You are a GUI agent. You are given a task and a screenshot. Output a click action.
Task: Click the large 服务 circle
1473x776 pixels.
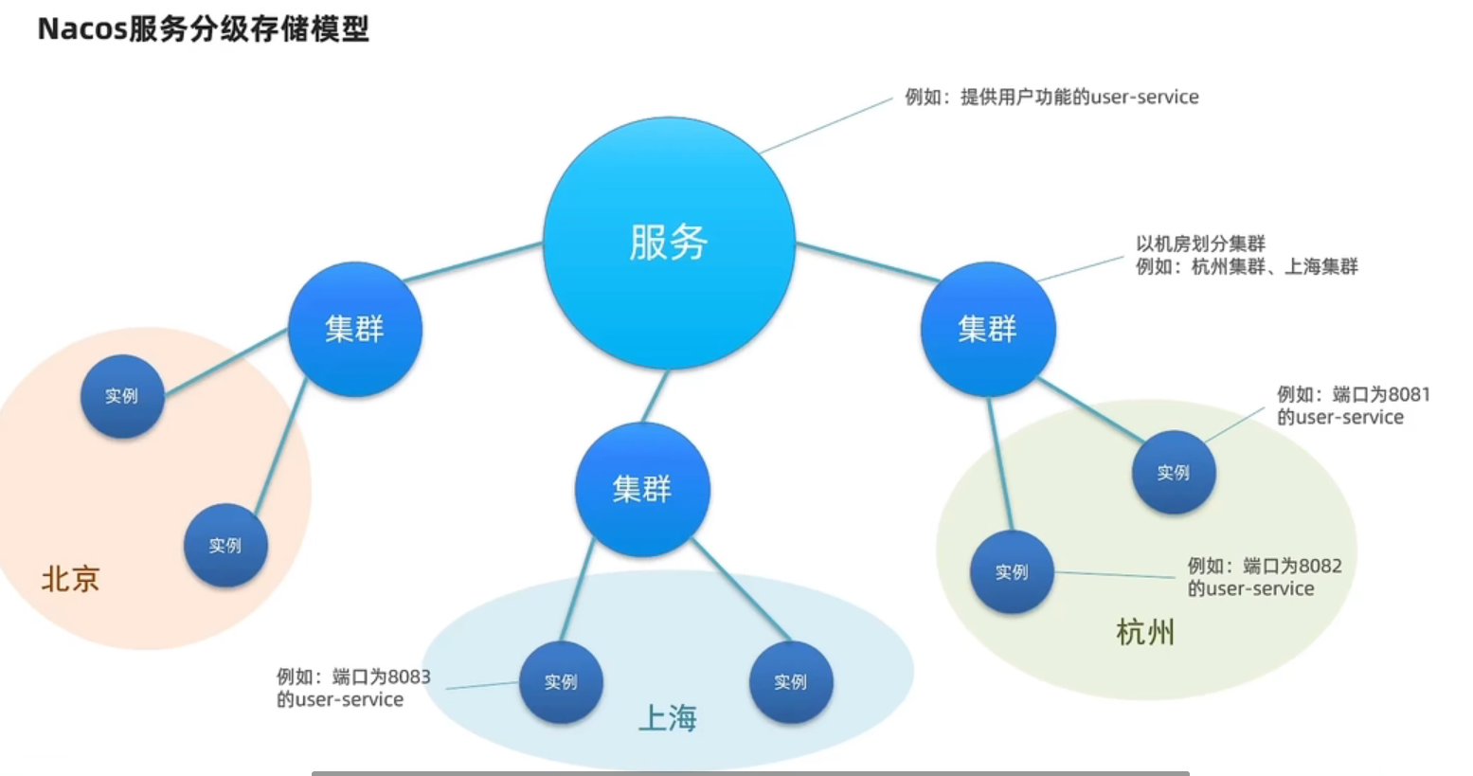669,243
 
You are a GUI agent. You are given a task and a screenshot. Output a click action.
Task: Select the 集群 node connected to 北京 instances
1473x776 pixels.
355,329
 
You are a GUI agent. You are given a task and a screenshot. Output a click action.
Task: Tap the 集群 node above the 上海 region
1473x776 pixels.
642,489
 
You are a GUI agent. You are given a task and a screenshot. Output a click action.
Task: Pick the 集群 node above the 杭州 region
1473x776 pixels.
988,329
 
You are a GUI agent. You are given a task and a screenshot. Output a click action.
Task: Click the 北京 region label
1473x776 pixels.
70,579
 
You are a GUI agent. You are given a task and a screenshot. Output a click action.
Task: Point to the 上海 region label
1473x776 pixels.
668,717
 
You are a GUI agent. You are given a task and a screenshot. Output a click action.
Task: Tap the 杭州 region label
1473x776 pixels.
1145,632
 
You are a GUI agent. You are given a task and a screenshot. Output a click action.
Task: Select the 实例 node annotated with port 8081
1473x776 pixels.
1174,472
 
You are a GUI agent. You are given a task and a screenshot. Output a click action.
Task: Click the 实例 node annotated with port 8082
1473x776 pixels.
1012,572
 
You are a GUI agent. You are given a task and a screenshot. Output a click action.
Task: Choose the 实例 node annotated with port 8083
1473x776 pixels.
561,682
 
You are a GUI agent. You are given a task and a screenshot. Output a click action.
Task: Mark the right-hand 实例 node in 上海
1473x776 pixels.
791,682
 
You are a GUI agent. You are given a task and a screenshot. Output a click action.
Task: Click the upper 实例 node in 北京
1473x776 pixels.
122,396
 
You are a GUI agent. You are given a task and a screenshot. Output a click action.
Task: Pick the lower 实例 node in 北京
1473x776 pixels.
225,545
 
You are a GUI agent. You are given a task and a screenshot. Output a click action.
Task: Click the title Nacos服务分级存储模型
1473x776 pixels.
204,29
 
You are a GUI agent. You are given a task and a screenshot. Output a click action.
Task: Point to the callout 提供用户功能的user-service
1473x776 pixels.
1079,98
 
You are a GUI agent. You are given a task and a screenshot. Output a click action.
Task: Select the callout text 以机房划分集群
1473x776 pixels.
1201,244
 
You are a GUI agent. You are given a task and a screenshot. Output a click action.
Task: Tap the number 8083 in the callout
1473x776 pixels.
409,677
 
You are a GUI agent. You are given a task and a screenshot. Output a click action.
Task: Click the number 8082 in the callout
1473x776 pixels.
1320,567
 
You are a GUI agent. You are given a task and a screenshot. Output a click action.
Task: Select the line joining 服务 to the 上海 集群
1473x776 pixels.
656,396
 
